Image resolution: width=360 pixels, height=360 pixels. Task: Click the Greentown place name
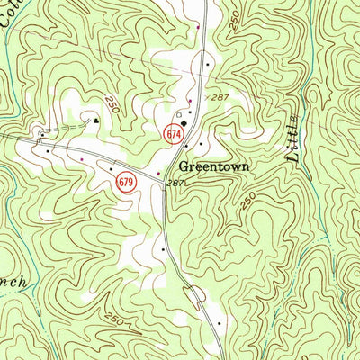coord(211,166)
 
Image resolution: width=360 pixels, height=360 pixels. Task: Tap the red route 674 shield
coord(174,133)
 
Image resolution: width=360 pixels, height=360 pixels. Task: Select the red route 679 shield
coord(127,183)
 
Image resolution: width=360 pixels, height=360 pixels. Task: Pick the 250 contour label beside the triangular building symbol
coord(111,103)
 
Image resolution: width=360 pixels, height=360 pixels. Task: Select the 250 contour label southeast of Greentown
coord(247,202)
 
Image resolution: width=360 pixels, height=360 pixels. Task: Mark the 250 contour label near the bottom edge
coord(114,318)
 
